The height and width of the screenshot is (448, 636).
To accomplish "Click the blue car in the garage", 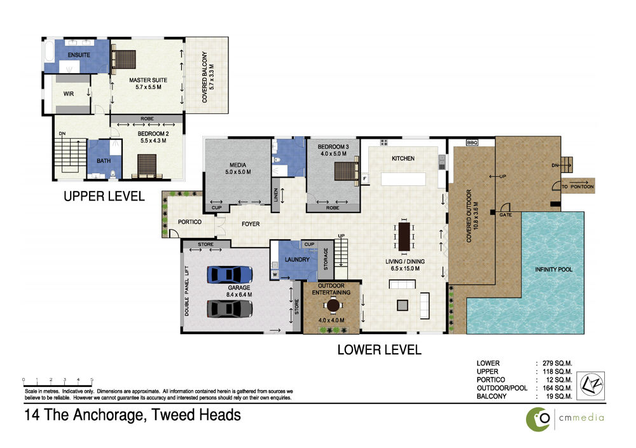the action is click(x=230, y=275).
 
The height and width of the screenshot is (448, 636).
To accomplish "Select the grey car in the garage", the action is click(x=230, y=309).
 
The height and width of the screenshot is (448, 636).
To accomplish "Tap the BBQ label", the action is click(x=472, y=143).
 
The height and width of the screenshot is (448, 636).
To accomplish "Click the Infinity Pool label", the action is click(x=553, y=269).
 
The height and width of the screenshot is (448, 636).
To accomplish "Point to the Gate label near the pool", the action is click(x=506, y=214).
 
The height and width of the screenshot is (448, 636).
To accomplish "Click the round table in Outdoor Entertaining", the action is click(x=333, y=305).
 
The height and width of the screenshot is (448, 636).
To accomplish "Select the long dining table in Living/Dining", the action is click(x=404, y=236).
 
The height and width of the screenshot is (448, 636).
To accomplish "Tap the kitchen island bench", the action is click(x=403, y=179).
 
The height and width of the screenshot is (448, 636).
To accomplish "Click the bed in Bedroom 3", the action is click(x=347, y=171).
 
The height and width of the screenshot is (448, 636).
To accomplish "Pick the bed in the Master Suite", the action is click(x=123, y=59).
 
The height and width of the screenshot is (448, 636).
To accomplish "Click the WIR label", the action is click(x=69, y=94).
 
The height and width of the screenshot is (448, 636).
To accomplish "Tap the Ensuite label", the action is click(x=79, y=55).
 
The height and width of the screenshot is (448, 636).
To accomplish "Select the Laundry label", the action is click(x=297, y=259).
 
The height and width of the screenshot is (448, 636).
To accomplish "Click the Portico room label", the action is click(x=190, y=222).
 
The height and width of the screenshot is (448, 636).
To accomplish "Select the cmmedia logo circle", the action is click(x=538, y=419).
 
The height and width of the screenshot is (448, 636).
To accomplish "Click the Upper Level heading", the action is click(x=104, y=197).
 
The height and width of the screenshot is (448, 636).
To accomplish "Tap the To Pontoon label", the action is click(x=577, y=186).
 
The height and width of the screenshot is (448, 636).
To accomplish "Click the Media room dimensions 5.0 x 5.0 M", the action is click(x=238, y=172).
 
